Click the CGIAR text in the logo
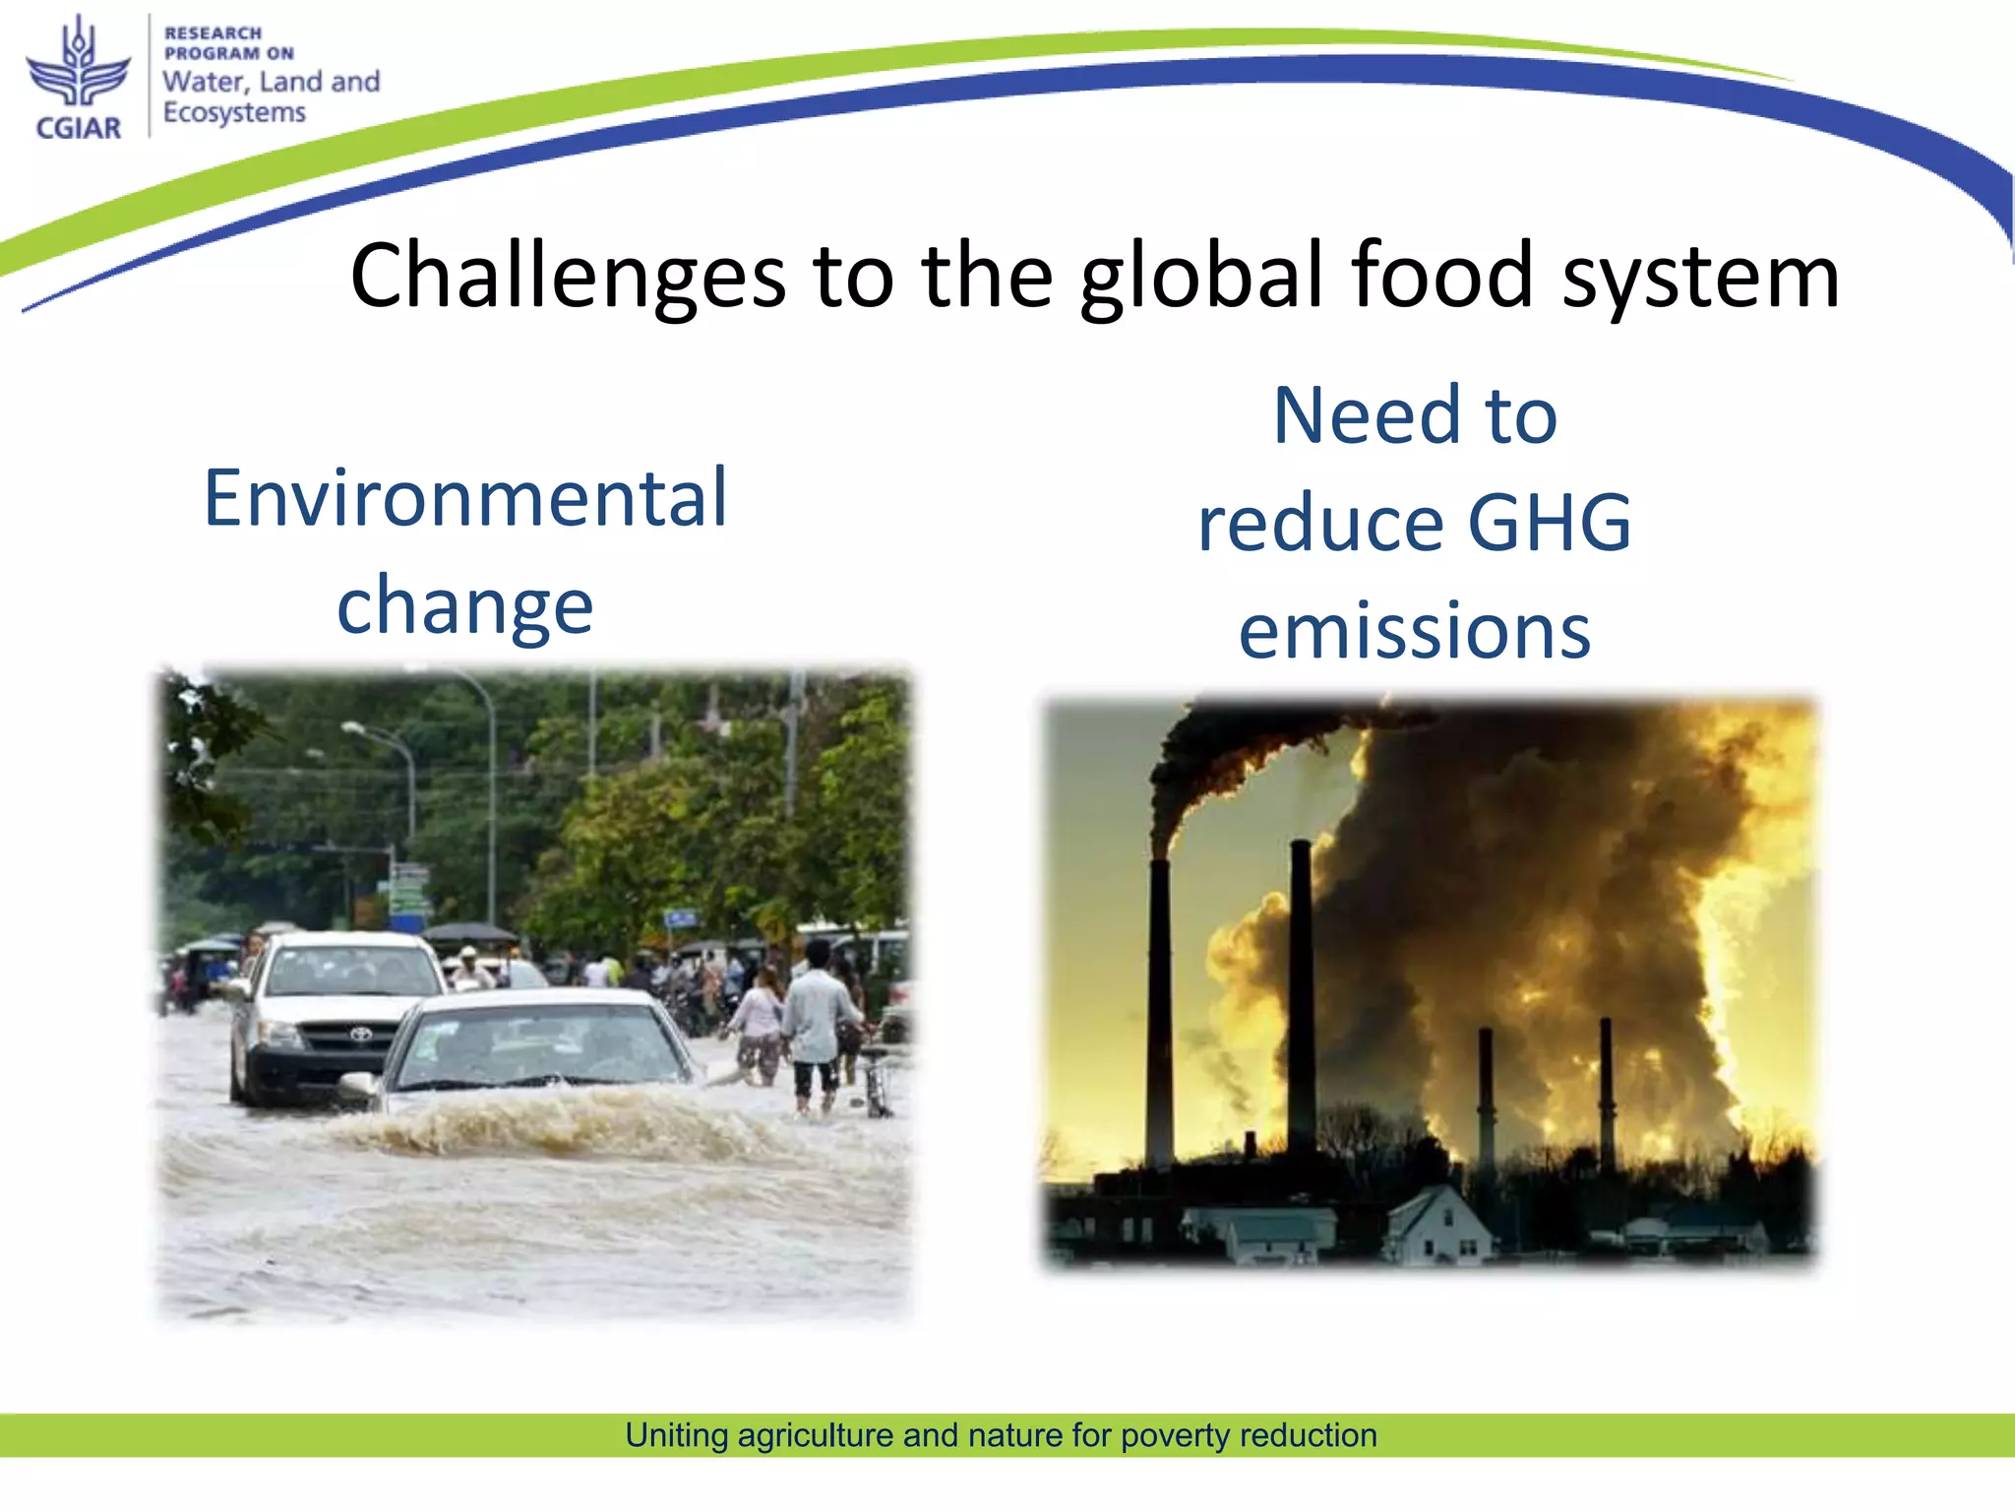click(78, 128)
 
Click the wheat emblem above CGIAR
click(78, 65)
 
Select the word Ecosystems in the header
click(234, 113)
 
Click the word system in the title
click(1700, 279)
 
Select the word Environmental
click(465, 498)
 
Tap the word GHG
click(1549, 522)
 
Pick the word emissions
click(1415, 631)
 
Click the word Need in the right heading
click(1366, 415)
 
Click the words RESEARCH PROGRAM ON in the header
click(227, 43)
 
